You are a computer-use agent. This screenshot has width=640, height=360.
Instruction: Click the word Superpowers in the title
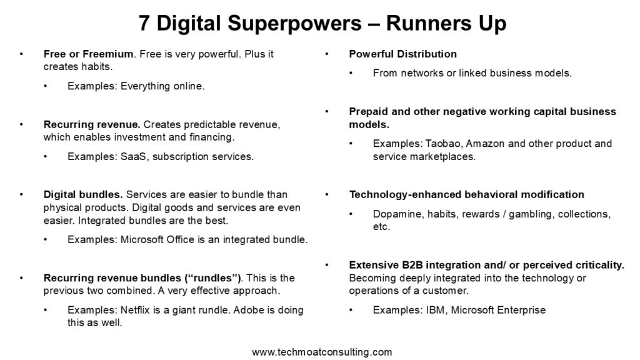tap(294, 23)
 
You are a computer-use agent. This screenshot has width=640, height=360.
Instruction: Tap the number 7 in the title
tap(144, 23)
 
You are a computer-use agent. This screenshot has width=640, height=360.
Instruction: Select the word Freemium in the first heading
tap(107, 54)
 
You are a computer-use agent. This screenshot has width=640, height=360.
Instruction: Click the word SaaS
tap(134, 157)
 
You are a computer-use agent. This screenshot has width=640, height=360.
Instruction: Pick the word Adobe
tap(248, 310)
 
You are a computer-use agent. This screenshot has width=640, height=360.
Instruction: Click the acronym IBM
tap(436, 310)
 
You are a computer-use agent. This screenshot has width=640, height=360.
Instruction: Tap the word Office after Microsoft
tap(181, 239)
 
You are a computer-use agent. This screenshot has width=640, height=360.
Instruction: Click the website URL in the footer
tap(322, 352)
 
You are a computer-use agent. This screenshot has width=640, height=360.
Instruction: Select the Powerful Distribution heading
tap(403, 54)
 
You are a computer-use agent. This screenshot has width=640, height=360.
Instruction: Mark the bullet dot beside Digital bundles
tap(21, 195)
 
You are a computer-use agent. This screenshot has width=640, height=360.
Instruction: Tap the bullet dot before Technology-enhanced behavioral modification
tap(326, 195)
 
